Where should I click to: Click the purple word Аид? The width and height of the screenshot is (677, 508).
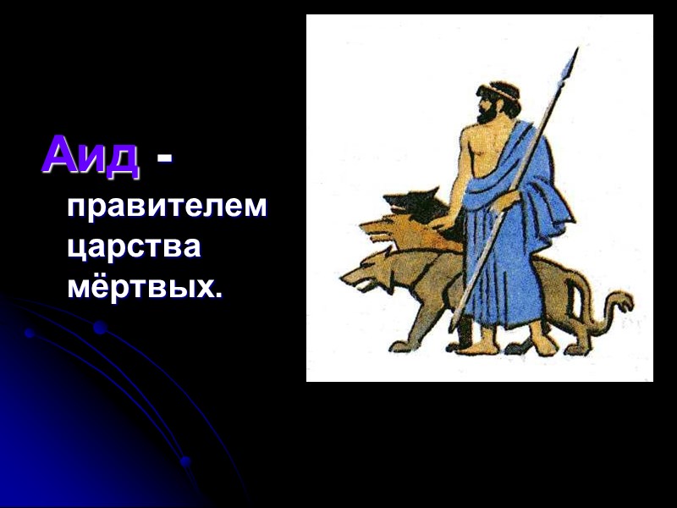(90, 155)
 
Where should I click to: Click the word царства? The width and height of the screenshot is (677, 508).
(134, 247)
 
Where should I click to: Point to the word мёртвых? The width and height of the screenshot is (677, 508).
(142, 287)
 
